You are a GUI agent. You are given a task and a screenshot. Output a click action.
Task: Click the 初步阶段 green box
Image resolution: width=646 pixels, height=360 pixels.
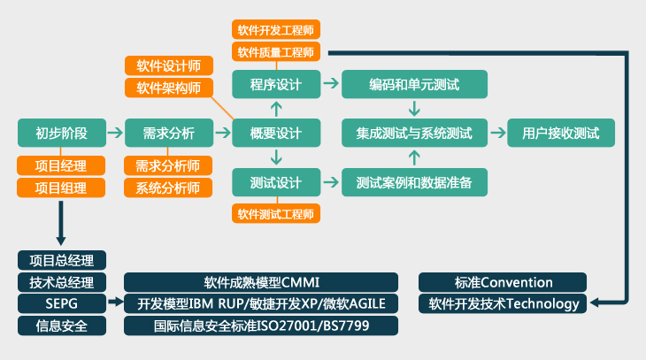coord(62,133)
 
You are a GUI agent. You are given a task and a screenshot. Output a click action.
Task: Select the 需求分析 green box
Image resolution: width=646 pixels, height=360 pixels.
coord(169,133)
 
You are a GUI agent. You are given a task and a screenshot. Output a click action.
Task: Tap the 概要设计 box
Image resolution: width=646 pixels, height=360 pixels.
coord(276,133)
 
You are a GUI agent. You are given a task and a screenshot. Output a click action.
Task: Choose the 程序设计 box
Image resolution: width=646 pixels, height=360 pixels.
coord(276,84)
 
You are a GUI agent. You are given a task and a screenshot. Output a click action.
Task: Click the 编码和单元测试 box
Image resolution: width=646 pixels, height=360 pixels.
coord(414,84)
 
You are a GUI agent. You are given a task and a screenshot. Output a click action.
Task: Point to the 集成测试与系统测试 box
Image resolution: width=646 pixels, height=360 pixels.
coord(414,133)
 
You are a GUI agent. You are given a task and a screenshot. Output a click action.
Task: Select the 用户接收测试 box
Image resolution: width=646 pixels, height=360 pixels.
coord(561,133)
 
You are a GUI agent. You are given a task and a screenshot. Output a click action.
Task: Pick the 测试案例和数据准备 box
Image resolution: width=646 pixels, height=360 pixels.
coord(414,182)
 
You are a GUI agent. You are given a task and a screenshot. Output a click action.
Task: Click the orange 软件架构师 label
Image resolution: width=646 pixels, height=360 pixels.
coord(169,88)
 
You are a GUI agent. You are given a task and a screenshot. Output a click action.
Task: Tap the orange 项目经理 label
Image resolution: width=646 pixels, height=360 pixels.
coord(61,165)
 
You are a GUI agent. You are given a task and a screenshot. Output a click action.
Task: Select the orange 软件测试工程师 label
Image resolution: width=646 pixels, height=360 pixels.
coord(276,214)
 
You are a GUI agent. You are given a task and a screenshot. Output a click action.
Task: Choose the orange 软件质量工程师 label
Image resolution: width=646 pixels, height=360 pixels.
coord(276,52)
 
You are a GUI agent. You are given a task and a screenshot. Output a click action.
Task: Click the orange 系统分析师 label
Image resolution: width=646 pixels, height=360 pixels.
coord(168,188)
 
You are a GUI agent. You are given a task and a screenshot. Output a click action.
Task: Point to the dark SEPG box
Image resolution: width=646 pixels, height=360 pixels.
coord(62,303)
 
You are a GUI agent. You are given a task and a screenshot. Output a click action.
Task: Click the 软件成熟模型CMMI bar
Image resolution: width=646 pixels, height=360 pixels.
coord(261,282)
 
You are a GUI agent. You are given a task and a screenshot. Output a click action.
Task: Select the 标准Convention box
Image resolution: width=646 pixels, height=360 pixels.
coord(503,282)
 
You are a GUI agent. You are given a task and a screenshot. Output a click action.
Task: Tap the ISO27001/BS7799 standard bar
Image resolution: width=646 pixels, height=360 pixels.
coord(261,326)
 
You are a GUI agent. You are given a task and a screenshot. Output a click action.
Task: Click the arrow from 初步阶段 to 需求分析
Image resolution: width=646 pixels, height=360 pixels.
coord(115,133)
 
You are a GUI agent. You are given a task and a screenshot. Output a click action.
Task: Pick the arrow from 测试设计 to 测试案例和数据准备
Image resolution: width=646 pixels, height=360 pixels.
coord(331,182)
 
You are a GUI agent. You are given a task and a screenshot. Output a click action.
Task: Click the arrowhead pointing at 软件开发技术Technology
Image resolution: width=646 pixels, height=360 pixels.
coord(594,303)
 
